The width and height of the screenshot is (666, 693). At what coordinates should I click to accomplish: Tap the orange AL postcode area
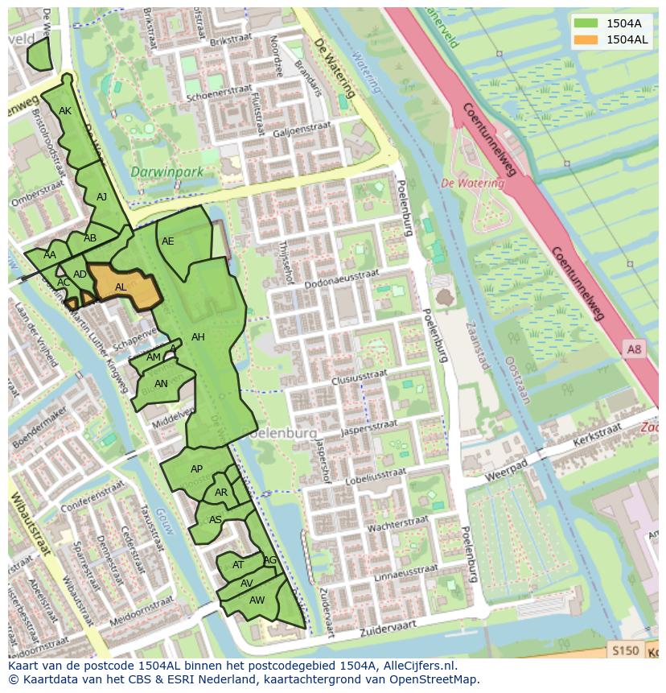click(x=122, y=287)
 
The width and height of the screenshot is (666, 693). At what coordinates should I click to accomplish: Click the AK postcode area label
click(x=65, y=111)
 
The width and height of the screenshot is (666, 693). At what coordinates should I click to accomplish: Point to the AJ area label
click(x=101, y=197)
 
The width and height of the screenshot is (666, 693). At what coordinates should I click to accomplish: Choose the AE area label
click(x=167, y=241)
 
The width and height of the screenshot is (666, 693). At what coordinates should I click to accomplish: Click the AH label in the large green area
click(x=198, y=337)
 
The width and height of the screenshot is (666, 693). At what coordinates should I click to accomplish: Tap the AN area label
click(x=161, y=384)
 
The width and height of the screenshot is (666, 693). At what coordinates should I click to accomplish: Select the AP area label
click(x=196, y=469)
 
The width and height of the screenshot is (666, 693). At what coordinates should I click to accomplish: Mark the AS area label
click(x=215, y=520)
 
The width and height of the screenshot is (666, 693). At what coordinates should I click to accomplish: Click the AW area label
click(x=257, y=600)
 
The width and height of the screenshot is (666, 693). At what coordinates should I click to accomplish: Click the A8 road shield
click(x=635, y=349)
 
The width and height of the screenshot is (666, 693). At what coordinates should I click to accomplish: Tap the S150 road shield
click(x=624, y=650)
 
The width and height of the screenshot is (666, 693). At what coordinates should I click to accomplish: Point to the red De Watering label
click(x=472, y=184)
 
